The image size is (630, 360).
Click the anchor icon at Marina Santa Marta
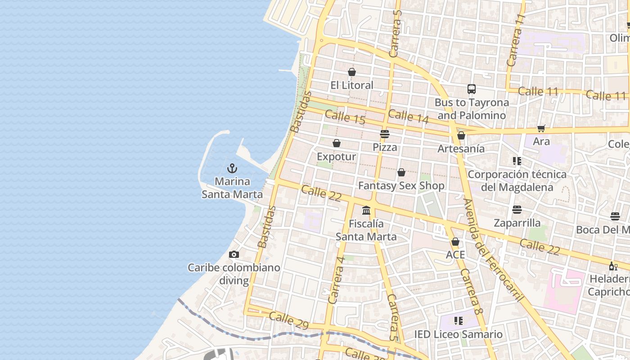click(232, 169)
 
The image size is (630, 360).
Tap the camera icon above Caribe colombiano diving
click(234, 255)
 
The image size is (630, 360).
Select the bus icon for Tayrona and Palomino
click(472, 89)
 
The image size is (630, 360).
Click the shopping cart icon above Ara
click(541, 128)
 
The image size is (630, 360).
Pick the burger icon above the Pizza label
click(384, 134)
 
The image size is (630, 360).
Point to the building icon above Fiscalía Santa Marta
click(366, 210)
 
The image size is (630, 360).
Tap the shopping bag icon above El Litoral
click(352, 72)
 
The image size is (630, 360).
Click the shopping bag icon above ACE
click(455, 242)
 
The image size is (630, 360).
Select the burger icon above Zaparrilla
click(517, 210)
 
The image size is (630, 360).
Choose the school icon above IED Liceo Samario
click(459, 321)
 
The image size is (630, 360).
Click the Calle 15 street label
click(345, 117)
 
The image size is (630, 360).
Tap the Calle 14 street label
click(408, 116)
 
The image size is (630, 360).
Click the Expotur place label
click(336, 157)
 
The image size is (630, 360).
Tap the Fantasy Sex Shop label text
click(401, 185)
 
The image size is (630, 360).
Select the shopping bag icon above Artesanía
click(461, 135)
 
